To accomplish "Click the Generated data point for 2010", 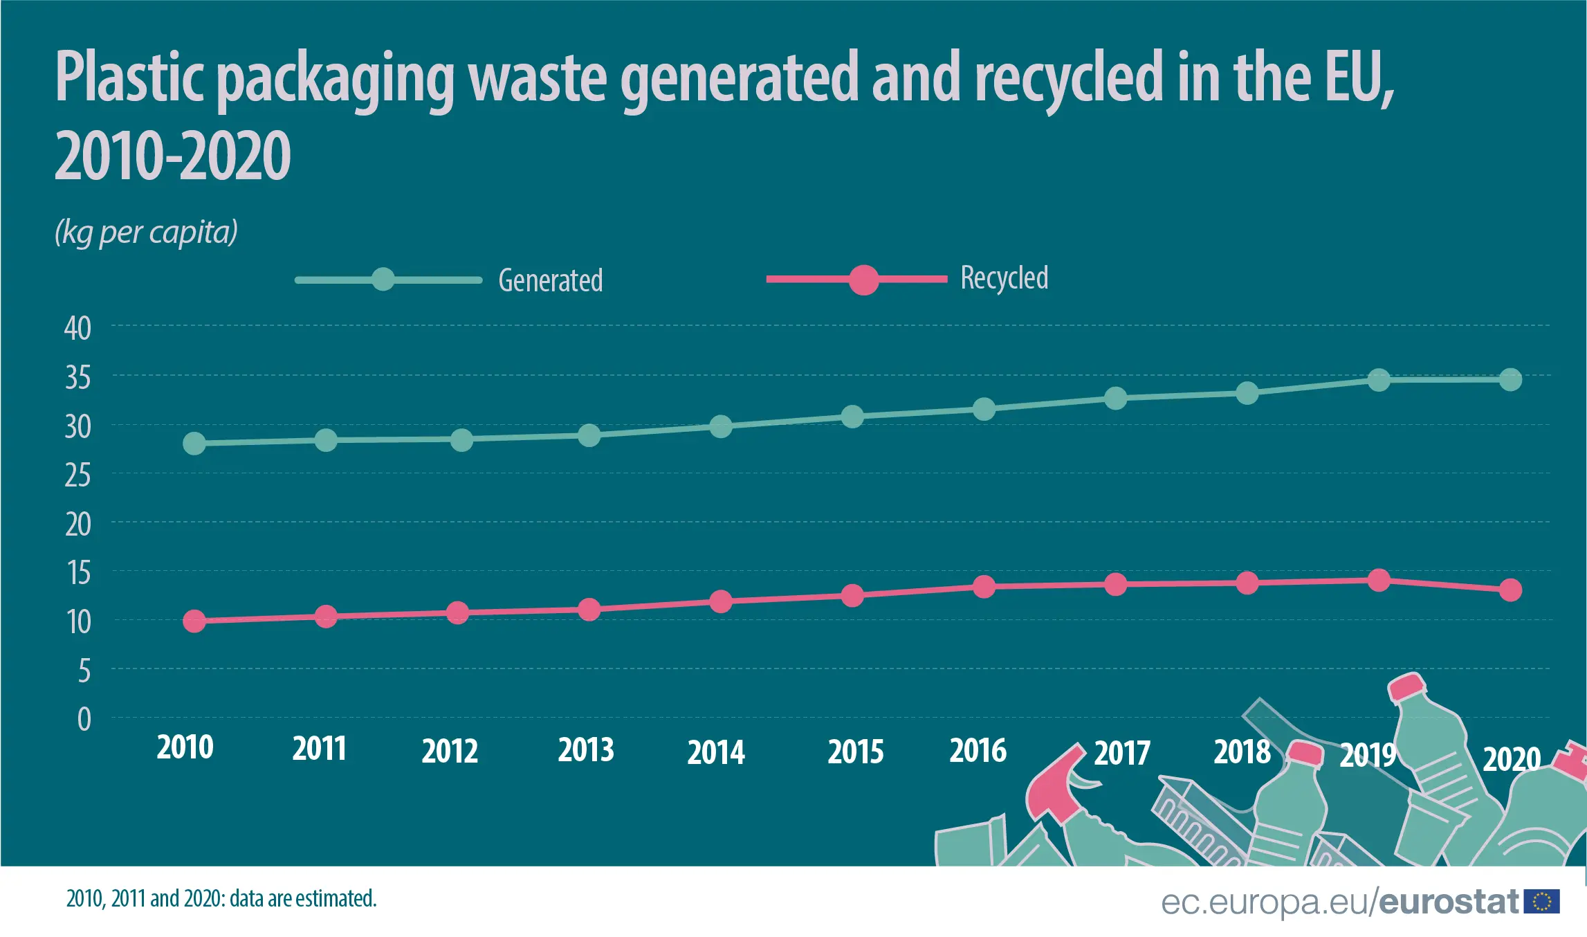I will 194,444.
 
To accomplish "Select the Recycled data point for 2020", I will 1510,590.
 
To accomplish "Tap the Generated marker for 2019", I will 1379,380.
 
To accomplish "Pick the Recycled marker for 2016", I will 984,587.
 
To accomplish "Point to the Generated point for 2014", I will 721,426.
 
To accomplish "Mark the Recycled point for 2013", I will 589,610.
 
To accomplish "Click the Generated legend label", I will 550,280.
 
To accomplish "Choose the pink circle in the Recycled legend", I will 863,280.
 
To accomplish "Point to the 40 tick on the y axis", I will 77,328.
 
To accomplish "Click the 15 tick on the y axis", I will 78,573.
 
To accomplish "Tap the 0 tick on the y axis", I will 84,720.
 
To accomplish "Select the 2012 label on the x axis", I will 450,751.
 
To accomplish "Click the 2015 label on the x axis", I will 855,752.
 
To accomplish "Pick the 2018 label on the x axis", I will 1242,752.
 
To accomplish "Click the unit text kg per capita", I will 146,233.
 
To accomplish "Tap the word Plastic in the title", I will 129,78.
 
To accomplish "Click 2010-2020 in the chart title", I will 172,156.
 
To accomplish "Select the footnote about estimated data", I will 221,898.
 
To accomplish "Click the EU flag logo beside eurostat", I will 1542,902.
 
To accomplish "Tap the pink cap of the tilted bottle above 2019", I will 1406,686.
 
